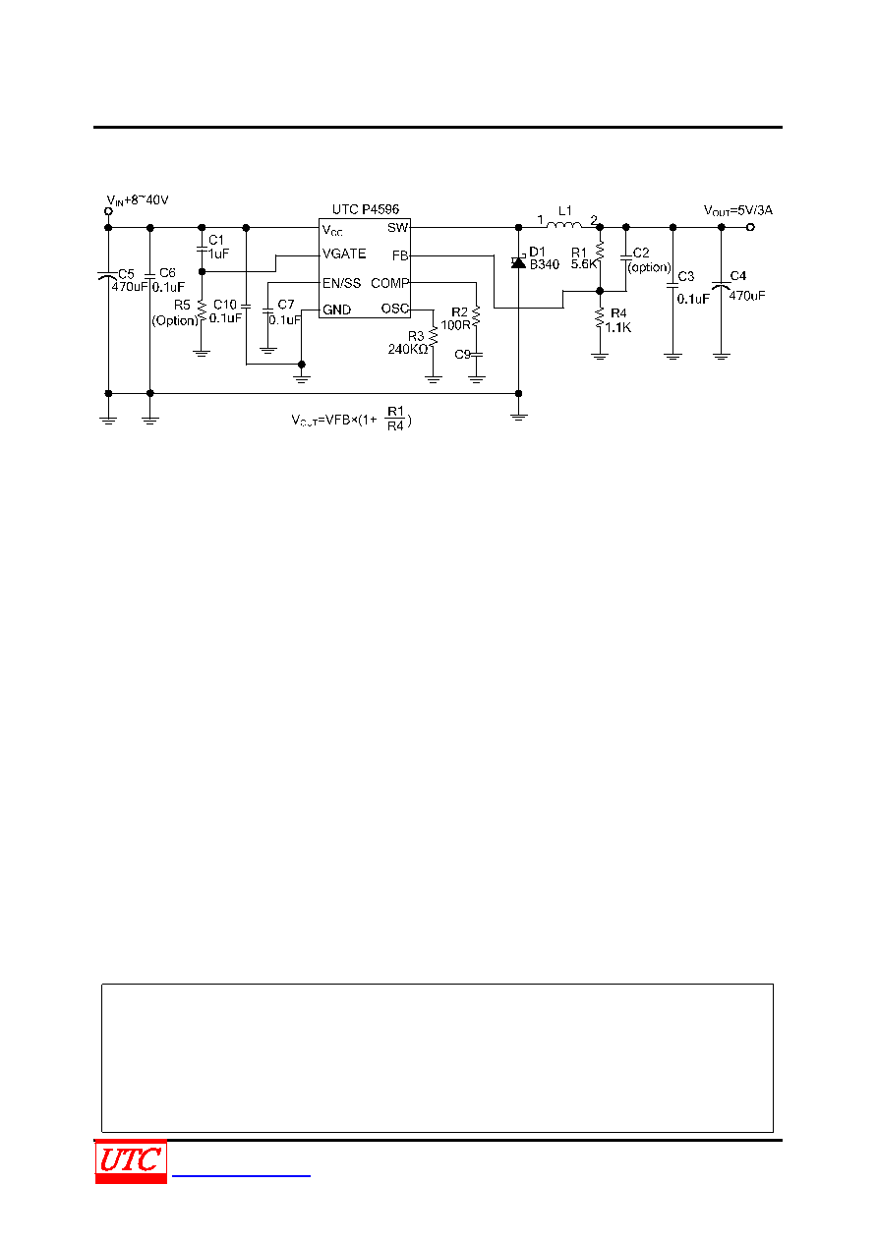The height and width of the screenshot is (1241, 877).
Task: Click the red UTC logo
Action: point(131,1160)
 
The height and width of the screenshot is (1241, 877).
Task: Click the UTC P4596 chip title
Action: point(366,209)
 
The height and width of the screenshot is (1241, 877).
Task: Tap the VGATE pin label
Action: point(344,254)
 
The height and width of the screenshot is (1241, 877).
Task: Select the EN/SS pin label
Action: point(341,283)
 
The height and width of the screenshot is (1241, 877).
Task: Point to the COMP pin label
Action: point(389,283)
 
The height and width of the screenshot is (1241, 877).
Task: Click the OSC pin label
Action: point(394,309)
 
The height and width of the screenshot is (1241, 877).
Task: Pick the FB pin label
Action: point(400,255)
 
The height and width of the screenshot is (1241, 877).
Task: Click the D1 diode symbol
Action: point(518,261)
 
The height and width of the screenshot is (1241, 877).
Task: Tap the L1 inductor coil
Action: point(563,224)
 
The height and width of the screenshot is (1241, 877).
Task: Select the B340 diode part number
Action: point(545,265)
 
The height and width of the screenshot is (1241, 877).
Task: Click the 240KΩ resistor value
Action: point(408,349)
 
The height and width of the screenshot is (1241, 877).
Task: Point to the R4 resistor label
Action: point(618,313)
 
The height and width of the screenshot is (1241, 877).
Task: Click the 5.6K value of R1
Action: point(584,264)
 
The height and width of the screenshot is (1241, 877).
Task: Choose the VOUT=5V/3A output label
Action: point(737,210)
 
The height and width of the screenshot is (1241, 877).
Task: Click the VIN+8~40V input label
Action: point(138,200)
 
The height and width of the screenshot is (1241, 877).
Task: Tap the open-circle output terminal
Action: point(750,227)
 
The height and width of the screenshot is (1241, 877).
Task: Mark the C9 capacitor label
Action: point(462,355)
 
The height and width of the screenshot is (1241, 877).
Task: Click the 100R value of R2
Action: point(455,325)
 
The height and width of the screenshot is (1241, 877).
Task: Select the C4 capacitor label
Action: point(737,276)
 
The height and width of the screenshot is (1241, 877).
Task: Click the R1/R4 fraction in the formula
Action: point(395,419)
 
